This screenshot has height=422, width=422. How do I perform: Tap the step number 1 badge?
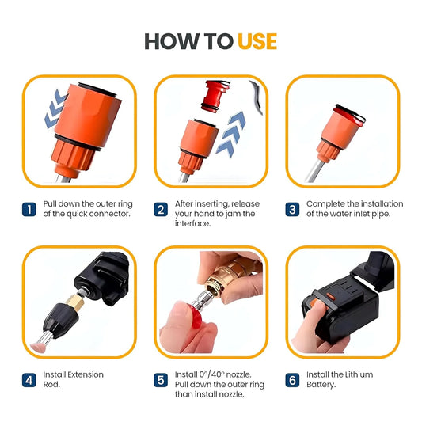(29, 210)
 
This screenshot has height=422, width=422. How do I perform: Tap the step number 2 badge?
(160, 210)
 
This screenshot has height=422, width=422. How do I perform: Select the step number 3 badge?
(291, 210)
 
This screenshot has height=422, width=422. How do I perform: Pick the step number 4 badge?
(29, 380)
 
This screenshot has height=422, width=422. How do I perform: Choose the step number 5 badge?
(160, 380)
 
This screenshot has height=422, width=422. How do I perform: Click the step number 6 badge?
(291, 380)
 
